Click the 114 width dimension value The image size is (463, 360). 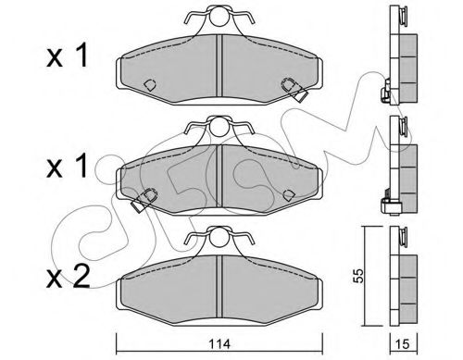pos(219,344)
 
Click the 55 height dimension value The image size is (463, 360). pos(358,276)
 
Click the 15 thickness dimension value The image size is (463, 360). pos(403,344)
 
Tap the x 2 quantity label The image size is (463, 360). pos(69,277)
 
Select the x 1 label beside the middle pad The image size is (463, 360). pos(68,166)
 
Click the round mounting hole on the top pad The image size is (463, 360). pos(219,16)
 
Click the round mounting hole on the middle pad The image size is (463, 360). pos(219,127)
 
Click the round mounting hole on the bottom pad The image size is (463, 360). pos(219,237)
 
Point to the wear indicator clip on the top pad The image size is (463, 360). pos(294,90)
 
